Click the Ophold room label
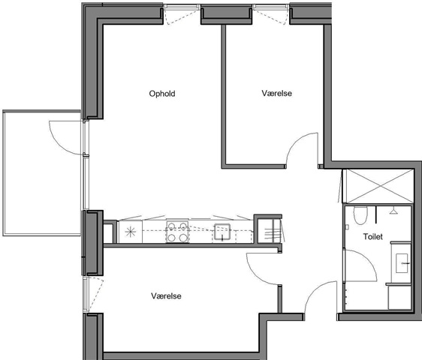[x=162, y=94]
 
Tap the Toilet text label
[x=372, y=236]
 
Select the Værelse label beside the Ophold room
[x=276, y=93]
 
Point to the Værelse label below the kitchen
[x=166, y=296]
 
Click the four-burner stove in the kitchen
[x=177, y=232]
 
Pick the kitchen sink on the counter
[x=222, y=232]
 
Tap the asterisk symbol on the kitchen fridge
[x=131, y=232]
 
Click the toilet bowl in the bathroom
[x=360, y=215]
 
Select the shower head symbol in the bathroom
[x=393, y=211]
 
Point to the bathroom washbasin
[x=402, y=263]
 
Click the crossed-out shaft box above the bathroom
[x=380, y=186]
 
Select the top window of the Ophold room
[x=182, y=7]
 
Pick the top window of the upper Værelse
[x=271, y=7]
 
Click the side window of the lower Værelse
[x=86, y=295]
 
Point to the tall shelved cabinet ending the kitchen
[x=269, y=231]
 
